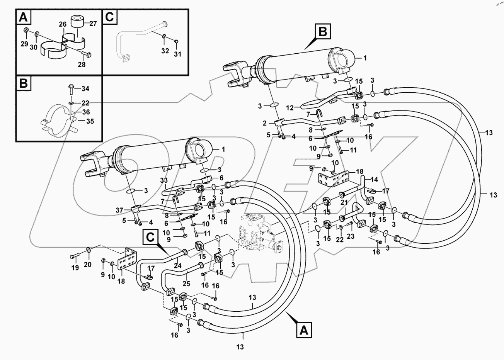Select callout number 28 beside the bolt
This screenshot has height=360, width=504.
[x=81, y=65]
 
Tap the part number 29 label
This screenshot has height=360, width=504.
[x=24, y=44]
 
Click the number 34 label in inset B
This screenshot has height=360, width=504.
[x=85, y=89]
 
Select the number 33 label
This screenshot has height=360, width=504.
[x=164, y=180]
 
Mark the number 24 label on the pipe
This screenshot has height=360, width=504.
[x=177, y=265]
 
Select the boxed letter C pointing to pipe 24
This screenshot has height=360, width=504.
[x=151, y=236]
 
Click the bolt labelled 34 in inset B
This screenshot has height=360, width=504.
[x=72, y=89]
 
